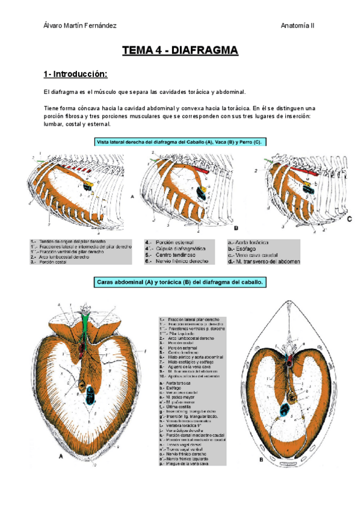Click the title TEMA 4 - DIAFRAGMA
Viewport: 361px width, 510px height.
(x=180, y=51)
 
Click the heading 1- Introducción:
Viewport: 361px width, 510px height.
(x=75, y=75)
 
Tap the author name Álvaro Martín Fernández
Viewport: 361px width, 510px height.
(x=80, y=25)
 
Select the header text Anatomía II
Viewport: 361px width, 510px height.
(x=298, y=25)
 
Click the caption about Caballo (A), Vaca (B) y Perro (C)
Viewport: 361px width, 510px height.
(x=180, y=142)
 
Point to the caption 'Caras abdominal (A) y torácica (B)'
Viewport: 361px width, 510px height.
(x=180, y=281)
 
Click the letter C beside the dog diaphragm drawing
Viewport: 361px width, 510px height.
(x=350, y=220)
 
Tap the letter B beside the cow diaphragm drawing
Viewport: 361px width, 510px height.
(x=236, y=229)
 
